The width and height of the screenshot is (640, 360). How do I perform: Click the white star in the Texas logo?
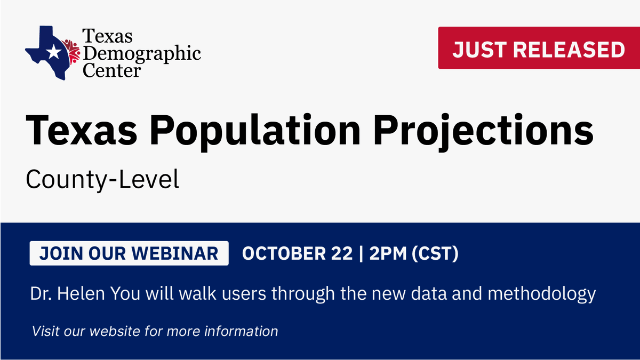coord(53,52)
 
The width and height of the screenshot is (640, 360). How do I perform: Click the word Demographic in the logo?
coord(141,53)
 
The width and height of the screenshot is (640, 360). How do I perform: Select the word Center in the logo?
coord(111,69)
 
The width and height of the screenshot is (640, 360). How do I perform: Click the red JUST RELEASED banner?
coord(539,49)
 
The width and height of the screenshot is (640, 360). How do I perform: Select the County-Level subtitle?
coord(102,180)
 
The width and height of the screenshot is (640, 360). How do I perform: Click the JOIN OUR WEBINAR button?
coord(129,253)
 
